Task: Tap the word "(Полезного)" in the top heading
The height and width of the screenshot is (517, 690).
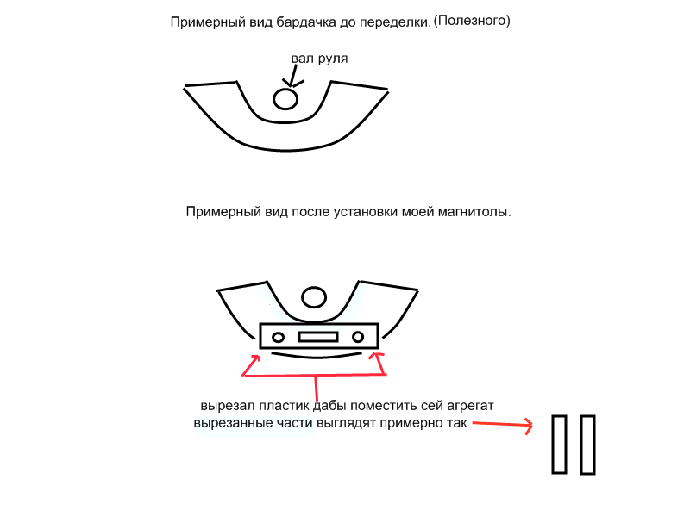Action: [472, 21]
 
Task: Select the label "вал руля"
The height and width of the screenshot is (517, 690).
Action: [319, 59]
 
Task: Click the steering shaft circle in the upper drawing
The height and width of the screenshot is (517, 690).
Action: [285, 98]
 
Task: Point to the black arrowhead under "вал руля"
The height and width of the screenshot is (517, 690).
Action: [291, 83]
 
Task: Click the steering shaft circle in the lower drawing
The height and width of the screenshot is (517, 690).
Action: [314, 297]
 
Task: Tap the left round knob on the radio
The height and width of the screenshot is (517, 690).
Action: [278, 338]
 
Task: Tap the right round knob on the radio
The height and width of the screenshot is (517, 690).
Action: [358, 337]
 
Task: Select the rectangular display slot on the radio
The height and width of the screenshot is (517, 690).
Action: [318, 337]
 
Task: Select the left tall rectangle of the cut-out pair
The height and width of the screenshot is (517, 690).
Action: [559, 444]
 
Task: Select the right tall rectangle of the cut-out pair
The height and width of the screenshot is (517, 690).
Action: [588, 445]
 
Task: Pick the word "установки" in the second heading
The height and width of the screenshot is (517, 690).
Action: [363, 212]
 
